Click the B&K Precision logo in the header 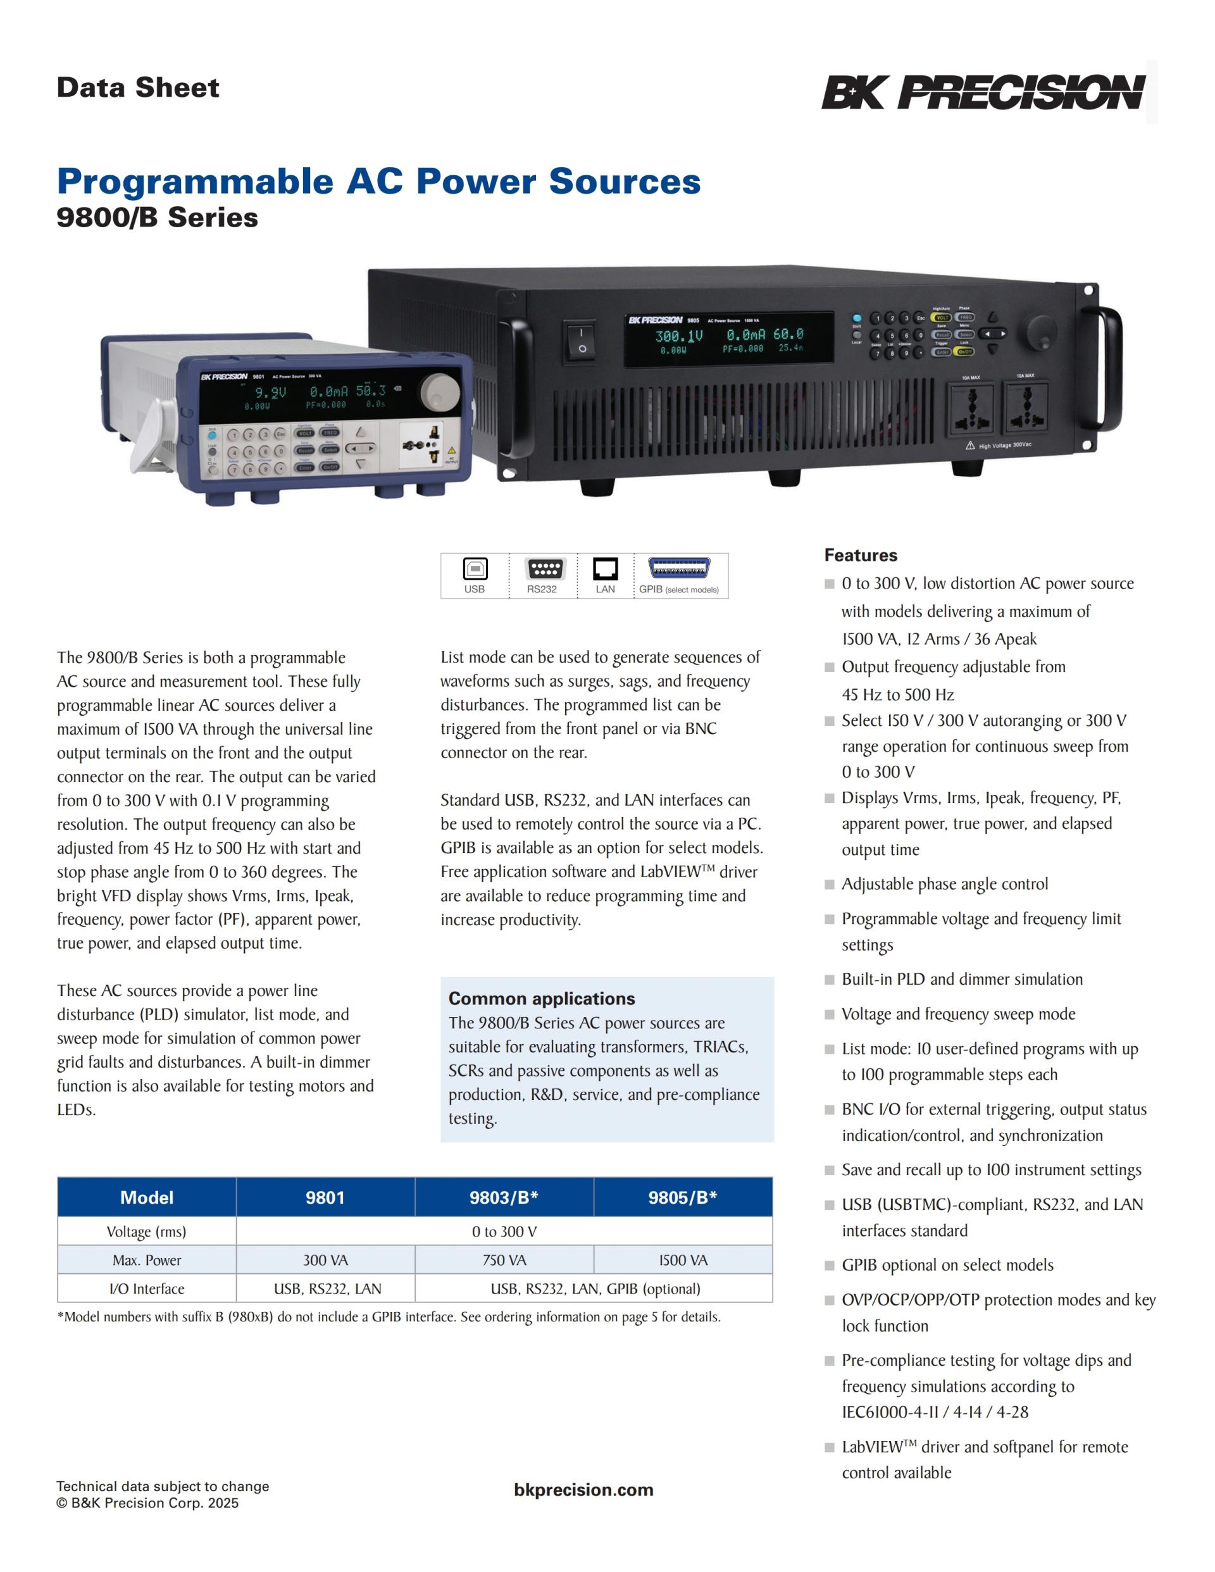983,92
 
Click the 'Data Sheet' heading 137,88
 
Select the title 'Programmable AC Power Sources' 378,180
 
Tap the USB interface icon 475,569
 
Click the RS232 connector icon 544,569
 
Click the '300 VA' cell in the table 325,1259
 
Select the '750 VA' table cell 504,1259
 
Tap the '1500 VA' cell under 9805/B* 682,1259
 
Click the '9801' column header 325,1197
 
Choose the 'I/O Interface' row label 147,1288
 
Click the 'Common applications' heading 541,999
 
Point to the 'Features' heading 860,555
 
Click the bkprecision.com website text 583,1490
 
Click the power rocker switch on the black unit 582,340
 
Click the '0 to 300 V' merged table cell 504,1232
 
